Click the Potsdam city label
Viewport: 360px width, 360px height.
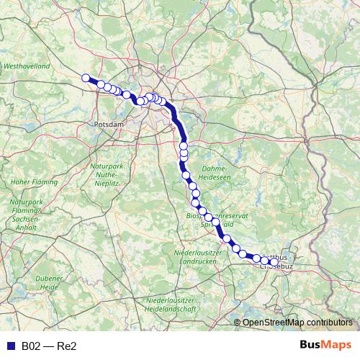(x=109, y=125)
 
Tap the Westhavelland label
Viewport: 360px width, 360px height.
(x=26, y=66)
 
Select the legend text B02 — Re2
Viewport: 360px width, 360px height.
(x=49, y=346)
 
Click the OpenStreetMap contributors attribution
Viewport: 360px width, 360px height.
(x=297, y=323)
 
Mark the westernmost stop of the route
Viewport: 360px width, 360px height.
(x=86, y=78)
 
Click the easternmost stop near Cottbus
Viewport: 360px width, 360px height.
(x=274, y=261)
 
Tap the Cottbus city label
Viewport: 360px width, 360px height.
(x=280, y=256)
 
